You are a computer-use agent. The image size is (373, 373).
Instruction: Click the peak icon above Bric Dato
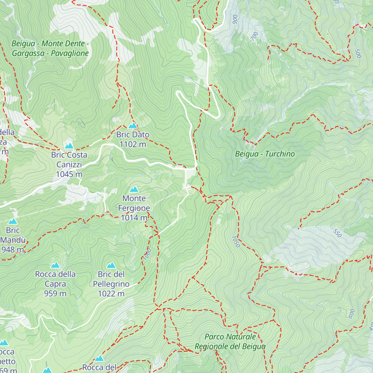click(133, 126)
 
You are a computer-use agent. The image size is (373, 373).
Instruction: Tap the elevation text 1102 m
click(133, 144)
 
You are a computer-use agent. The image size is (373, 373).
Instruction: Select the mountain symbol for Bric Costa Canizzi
click(69, 146)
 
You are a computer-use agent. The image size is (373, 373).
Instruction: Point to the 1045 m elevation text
click(69, 174)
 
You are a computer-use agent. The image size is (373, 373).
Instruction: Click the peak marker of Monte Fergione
click(134, 189)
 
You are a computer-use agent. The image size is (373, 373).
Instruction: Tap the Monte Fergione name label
click(134, 203)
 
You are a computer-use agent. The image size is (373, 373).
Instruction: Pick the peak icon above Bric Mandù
click(13, 221)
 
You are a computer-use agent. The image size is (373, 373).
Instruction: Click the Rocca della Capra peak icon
click(55, 265)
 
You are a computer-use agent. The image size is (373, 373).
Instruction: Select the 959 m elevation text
click(55, 293)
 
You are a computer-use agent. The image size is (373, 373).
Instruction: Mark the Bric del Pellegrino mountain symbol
click(111, 265)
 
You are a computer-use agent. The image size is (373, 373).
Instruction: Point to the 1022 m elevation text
click(111, 293)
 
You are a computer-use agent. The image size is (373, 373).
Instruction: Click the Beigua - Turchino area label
click(265, 154)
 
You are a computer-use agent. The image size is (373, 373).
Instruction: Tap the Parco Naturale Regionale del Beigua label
click(230, 342)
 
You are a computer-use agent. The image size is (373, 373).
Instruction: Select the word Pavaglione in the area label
click(70, 53)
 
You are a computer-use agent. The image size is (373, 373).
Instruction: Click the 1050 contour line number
click(236, 242)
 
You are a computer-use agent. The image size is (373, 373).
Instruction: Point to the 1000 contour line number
click(147, 254)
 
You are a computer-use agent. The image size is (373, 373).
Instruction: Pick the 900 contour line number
click(235, 19)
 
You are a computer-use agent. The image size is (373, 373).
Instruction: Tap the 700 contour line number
click(255, 36)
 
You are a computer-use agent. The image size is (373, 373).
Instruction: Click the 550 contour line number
click(337, 233)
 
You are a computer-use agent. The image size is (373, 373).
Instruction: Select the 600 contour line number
click(352, 313)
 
